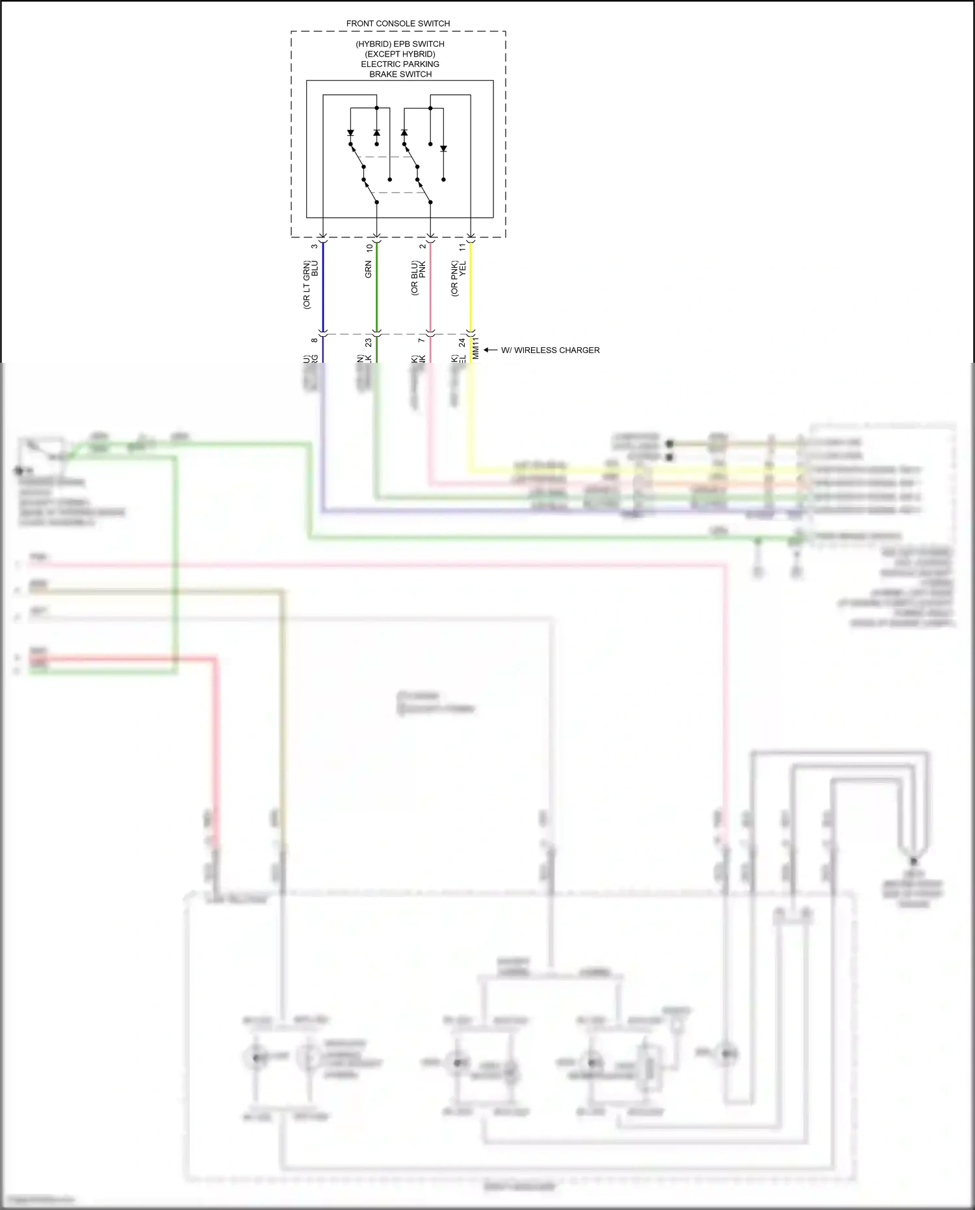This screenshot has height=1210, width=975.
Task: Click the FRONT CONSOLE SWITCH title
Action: (398, 23)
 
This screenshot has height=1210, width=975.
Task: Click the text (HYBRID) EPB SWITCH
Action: (400, 44)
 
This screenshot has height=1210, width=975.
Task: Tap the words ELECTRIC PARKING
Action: (400, 64)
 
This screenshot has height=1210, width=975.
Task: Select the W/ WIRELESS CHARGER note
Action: (550, 350)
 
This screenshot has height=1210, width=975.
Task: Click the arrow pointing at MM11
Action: (490, 350)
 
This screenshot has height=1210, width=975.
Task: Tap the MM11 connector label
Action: (475, 348)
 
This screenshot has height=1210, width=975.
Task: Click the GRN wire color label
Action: (368, 269)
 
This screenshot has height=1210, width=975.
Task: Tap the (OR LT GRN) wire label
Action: (307, 285)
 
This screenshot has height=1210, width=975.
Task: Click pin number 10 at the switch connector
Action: (369, 248)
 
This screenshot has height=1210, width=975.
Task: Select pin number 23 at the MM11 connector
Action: (368, 342)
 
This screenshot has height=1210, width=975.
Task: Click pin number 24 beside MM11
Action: (462, 342)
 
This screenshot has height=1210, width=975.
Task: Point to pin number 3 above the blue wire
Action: (315, 246)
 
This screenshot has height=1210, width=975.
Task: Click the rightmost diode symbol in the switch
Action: (443, 149)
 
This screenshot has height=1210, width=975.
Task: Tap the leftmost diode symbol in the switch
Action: (350, 133)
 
